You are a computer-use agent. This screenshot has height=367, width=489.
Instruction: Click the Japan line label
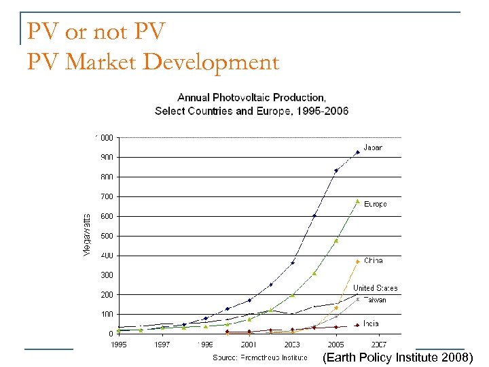[373, 147]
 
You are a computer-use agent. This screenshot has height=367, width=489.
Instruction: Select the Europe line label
[376, 204]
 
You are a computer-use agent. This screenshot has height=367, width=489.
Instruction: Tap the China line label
[374, 260]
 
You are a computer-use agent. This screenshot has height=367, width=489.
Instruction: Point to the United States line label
[376, 288]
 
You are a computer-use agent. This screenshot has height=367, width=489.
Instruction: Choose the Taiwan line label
[375, 300]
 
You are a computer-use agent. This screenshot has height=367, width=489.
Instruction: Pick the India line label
[371, 324]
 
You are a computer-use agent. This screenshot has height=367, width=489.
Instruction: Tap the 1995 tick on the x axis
[120, 345]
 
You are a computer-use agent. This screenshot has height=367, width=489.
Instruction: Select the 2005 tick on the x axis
[336, 345]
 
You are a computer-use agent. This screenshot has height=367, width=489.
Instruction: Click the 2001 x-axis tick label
[249, 345]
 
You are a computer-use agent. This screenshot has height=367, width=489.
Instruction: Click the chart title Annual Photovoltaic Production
[251, 97]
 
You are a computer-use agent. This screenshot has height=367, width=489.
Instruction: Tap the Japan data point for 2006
[358, 152]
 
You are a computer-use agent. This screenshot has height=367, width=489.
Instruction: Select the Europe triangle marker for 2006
[357, 201]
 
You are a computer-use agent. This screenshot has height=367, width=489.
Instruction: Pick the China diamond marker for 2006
[357, 262]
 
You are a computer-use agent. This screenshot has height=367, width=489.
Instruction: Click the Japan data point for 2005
[336, 171]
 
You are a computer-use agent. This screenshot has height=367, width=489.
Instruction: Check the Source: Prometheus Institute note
[260, 357]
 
